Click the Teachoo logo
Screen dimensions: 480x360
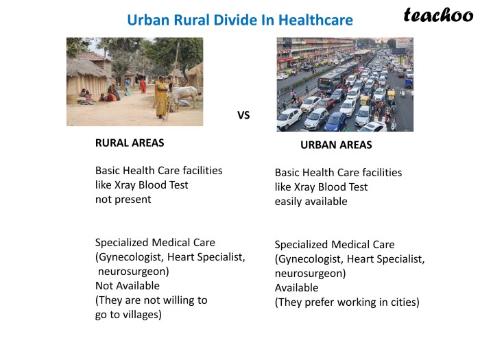(438, 15)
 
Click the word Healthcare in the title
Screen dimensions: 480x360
(315, 20)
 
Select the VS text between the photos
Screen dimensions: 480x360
(243, 115)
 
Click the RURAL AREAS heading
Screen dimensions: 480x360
(130, 143)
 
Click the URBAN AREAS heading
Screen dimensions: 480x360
(336, 145)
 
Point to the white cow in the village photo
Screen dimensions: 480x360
(184, 95)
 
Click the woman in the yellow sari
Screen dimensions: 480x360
(161, 97)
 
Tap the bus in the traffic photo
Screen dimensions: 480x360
(333, 78)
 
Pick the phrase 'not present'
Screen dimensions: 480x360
(123, 200)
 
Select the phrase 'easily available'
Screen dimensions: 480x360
(311, 202)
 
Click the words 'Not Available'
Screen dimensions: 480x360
(128, 286)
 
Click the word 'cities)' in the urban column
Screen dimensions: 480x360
(405, 302)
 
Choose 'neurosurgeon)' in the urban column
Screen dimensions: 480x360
(310, 274)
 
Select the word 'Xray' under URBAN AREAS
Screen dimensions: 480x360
(304, 187)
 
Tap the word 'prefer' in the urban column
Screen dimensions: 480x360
(320, 302)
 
